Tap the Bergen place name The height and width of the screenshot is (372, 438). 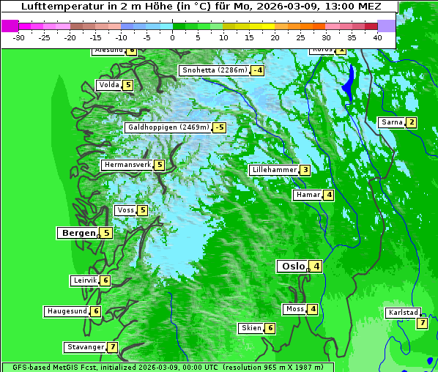pyautogui.click(x=78, y=233)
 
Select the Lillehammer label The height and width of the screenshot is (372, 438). pyautogui.click(x=274, y=170)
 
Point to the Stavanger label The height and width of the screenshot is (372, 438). pyautogui.click(x=85, y=347)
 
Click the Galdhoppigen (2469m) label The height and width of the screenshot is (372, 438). pyautogui.click(x=168, y=127)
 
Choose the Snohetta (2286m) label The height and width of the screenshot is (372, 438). pyautogui.click(x=214, y=70)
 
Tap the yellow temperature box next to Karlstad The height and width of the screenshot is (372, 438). pyautogui.click(x=422, y=323)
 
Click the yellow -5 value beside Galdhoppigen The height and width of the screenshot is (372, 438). pyautogui.click(x=219, y=127)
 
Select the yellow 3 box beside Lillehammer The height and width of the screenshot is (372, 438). pyautogui.click(x=305, y=170)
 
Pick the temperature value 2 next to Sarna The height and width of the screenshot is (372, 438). pyautogui.click(x=411, y=122)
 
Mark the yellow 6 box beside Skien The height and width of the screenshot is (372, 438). pyautogui.click(x=270, y=328)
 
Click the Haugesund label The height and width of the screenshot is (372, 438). pyautogui.click(x=67, y=311)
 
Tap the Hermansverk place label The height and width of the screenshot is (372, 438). pyautogui.click(x=127, y=165)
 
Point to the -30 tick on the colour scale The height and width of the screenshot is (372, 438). pyautogui.click(x=19, y=37)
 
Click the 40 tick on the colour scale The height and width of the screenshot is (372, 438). pyautogui.click(x=377, y=37)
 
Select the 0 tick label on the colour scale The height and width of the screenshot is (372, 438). pyautogui.click(x=172, y=37)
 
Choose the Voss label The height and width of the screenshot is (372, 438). pyautogui.click(x=125, y=210)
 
